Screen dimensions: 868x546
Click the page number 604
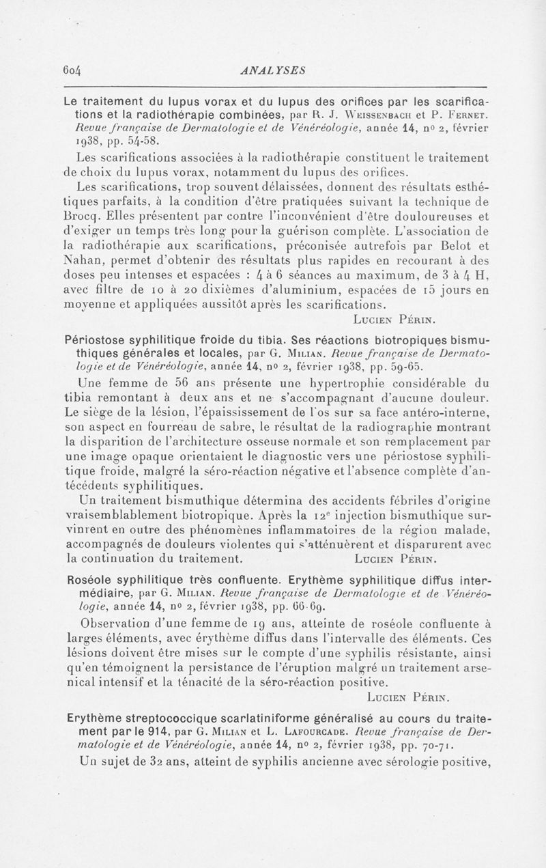coord(71,69)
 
